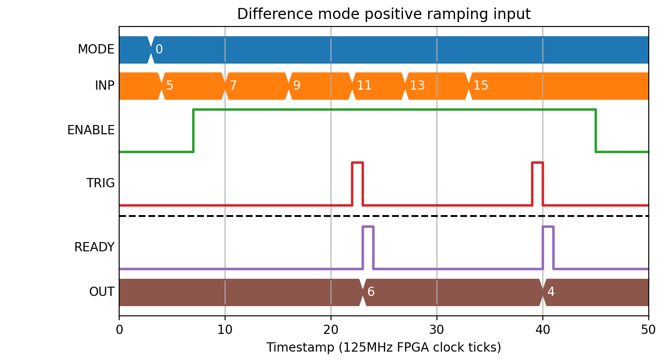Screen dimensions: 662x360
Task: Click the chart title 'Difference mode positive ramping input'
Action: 384,14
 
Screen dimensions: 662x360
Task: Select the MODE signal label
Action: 96,49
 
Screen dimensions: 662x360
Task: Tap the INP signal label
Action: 105,86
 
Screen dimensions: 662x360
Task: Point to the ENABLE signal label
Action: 91,130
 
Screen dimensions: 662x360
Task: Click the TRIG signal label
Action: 100,183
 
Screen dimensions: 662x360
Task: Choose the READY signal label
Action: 94,247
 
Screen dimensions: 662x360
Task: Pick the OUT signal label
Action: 102,292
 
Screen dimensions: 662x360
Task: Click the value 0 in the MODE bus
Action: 159,49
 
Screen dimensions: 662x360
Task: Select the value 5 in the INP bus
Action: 169,86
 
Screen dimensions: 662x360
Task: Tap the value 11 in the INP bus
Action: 364,86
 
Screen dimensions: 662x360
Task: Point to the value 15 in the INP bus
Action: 481,86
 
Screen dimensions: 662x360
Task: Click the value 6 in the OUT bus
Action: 371,292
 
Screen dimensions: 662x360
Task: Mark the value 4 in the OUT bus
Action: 551,292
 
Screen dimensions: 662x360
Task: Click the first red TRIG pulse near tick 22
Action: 357,163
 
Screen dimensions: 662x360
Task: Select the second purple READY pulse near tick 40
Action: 548,227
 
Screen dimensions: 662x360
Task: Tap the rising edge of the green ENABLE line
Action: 193,131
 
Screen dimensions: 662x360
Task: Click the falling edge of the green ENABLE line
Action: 595,131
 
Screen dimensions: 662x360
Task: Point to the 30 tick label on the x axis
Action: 436,330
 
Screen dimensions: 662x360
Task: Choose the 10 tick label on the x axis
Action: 225,330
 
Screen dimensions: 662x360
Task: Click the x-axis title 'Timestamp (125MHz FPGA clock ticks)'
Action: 384,347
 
